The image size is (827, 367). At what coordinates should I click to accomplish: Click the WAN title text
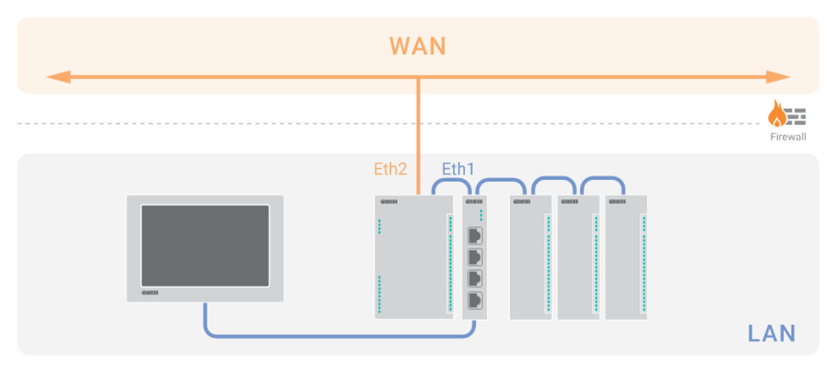click(417, 46)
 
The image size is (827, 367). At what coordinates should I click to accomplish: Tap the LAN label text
click(771, 333)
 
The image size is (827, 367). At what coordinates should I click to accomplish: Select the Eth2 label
click(390, 169)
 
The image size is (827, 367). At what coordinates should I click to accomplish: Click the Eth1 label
click(458, 169)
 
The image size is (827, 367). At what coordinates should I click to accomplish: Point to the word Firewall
click(787, 137)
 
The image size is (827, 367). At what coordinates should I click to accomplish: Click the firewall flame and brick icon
click(786, 115)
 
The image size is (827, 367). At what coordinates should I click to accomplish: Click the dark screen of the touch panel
click(205, 246)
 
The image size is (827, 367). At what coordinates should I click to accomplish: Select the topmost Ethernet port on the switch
click(475, 236)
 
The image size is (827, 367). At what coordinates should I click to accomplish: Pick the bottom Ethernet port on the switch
click(475, 300)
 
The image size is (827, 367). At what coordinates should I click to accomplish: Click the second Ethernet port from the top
click(475, 257)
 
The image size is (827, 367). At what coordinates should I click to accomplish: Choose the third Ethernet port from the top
click(475, 278)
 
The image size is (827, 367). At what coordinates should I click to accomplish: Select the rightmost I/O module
click(626, 257)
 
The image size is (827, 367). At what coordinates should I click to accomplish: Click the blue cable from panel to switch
click(334, 336)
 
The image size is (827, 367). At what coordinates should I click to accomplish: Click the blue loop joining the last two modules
click(602, 180)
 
